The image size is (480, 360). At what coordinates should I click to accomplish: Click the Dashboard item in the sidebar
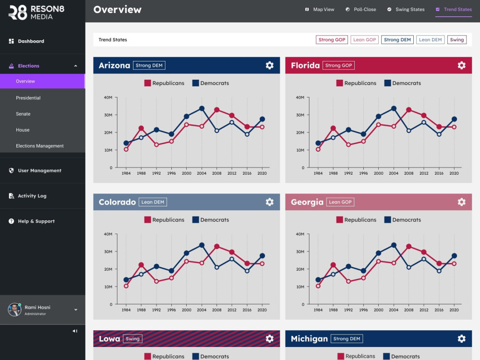pos(26,41)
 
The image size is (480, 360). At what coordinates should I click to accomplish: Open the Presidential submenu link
pos(28,98)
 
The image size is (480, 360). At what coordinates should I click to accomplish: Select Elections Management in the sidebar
pos(40,146)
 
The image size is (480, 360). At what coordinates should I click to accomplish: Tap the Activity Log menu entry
pos(27,196)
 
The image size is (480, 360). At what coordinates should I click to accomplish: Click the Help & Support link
pos(32,221)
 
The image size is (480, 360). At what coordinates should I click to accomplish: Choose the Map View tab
pos(320,10)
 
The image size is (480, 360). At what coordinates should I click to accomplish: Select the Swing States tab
pos(406,10)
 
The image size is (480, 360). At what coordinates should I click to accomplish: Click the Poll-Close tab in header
pos(360,10)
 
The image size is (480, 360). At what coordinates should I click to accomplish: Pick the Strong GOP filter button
pos(332,40)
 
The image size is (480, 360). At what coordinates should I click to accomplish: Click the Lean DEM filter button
pos(430,40)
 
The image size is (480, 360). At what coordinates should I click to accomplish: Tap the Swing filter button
pos(457,40)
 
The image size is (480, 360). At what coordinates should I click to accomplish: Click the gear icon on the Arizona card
pos(269,65)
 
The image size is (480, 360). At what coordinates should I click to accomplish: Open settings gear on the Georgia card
pos(461,202)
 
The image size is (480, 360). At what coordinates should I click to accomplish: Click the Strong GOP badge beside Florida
pos(338,65)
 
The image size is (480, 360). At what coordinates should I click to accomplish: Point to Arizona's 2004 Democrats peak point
pos(202,108)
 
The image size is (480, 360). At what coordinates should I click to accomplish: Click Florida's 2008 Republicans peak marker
pos(408,109)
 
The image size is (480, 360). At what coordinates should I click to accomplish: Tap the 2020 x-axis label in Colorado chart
pos(262,310)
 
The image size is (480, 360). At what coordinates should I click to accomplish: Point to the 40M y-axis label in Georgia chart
pos(300,234)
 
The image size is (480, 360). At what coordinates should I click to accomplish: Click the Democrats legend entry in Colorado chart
pos(211,220)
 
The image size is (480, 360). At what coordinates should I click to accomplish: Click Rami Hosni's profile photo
pos(14,310)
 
